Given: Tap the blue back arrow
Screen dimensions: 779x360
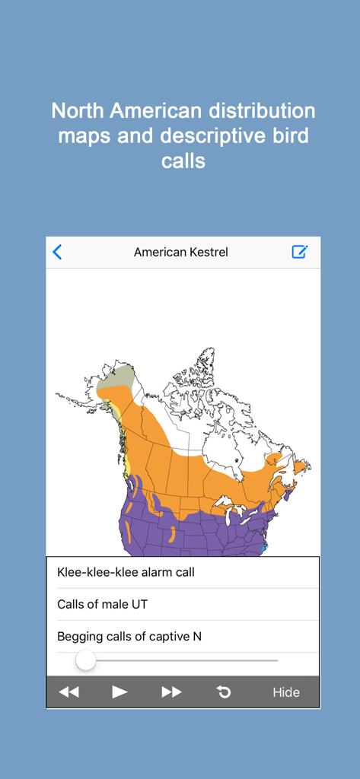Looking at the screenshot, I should [x=57, y=252].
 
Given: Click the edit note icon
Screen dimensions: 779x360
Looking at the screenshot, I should [x=300, y=252].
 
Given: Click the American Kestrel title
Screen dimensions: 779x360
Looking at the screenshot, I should [x=180, y=252].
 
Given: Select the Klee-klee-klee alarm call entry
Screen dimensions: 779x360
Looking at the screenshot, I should [x=126, y=572].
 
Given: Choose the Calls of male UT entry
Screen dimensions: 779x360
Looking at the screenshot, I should [x=102, y=604].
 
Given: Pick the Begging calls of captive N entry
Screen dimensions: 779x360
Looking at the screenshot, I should [x=129, y=636].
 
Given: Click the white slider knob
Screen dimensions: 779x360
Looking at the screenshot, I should [x=86, y=660].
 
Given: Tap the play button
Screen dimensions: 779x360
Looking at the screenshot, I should [x=119, y=692].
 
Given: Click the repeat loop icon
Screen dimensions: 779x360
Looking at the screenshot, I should [x=224, y=692].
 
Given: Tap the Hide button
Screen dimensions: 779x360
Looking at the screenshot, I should [x=286, y=692].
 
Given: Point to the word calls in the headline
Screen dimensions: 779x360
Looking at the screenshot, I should [x=183, y=162].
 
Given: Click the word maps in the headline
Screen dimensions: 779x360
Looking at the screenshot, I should [x=81, y=137].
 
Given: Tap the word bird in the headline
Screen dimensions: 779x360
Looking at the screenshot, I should [x=290, y=137].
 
